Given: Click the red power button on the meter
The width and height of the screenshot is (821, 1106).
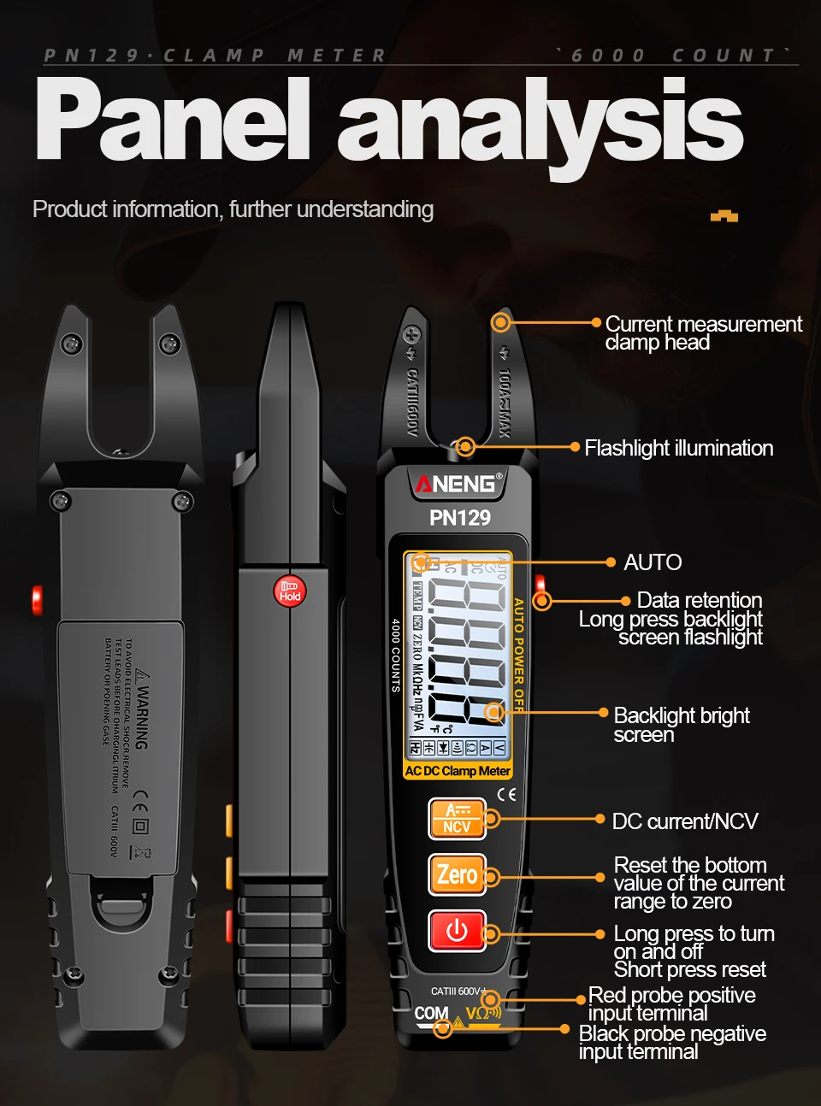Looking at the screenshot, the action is pyautogui.click(x=457, y=931).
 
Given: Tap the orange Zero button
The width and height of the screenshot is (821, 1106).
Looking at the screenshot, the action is pyautogui.click(x=457, y=874).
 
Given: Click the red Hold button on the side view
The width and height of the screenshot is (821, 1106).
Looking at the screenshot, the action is pyautogui.click(x=289, y=591).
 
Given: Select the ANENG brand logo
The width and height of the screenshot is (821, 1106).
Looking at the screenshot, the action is pyautogui.click(x=457, y=484).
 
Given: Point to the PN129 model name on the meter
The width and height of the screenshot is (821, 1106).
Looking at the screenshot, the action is pyautogui.click(x=460, y=517).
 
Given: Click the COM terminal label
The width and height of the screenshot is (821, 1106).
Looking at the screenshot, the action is pyautogui.click(x=431, y=1013).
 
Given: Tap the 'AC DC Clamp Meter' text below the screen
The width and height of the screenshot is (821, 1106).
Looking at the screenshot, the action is pyautogui.click(x=458, y=771).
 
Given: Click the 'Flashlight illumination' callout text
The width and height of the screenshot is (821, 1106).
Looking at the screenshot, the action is pyautogui.click(x=678, y=448).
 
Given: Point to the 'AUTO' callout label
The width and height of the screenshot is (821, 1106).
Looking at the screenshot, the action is pyautogui.click(x=653, y=562).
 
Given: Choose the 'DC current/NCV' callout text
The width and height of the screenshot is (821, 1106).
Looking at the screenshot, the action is pyautogui.click(x=685, y=821).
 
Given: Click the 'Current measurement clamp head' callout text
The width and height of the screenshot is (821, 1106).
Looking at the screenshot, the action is pyautogui.click(x=702, y=333).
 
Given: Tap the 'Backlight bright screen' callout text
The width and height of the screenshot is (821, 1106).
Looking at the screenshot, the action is pyautogui.click(x=681, y=725).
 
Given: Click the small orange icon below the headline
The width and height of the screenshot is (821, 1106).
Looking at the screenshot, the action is pyautogui.click(x=724, y=216).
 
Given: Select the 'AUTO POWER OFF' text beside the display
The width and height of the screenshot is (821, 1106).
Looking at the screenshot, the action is pyautogui.click(x=518, y=655).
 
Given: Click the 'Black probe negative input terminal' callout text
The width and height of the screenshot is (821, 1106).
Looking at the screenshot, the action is pyautogui.click(x=672, y=1043).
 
